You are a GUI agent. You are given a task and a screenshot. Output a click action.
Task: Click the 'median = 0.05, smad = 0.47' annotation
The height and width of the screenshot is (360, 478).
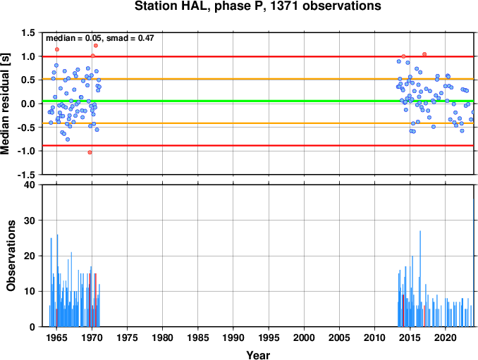click(x=100, y=38)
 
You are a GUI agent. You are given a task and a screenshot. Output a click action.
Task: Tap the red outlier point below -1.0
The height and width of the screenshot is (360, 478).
click(x=90, y=152)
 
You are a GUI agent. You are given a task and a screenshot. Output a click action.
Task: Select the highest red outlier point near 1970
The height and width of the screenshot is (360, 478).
click(x=96, y=46)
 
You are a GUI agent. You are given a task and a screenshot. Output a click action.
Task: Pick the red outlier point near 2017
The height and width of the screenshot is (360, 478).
click(x=424, y=54)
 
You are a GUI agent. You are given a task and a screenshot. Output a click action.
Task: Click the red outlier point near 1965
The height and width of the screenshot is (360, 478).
click(x=57, y=49)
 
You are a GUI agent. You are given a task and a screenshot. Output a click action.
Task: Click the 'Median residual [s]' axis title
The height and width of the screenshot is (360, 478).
click(x=5, y=104)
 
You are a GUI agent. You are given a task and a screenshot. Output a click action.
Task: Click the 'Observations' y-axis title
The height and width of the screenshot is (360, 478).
click(x=11, y=256)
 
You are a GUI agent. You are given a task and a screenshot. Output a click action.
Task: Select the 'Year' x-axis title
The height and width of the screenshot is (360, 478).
click(x=258, y=355)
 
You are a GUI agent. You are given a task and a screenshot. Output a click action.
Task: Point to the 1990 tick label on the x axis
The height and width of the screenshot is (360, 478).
click(x=233, y=337)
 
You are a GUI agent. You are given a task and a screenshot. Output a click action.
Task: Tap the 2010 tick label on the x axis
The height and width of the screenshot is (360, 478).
click(x=374, y=337)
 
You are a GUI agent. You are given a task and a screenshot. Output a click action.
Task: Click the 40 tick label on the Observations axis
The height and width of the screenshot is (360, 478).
click(x=30, y=185)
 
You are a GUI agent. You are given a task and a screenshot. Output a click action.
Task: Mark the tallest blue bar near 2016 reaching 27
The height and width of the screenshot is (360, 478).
click(x=420, y=279)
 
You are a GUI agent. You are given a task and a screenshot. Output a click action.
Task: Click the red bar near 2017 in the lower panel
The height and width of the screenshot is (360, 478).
click(x=424, y=316)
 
